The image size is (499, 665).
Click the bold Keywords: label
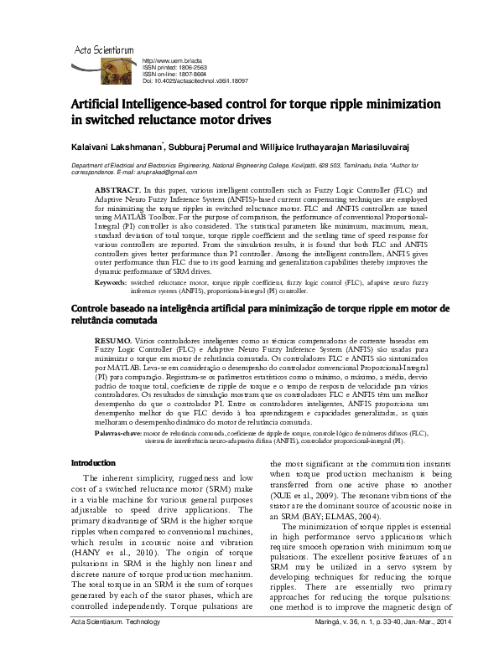click(x=111, y=283)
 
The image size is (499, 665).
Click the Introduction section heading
click(x=93, y=486)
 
